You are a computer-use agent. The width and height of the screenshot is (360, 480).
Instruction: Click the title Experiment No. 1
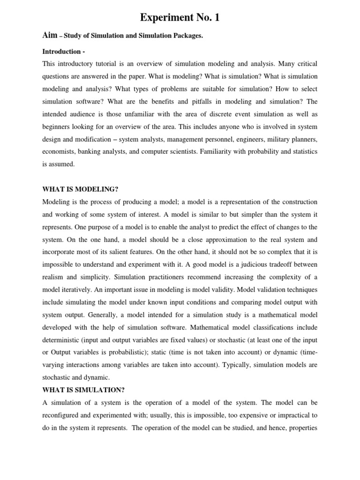[x=180, y=18]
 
